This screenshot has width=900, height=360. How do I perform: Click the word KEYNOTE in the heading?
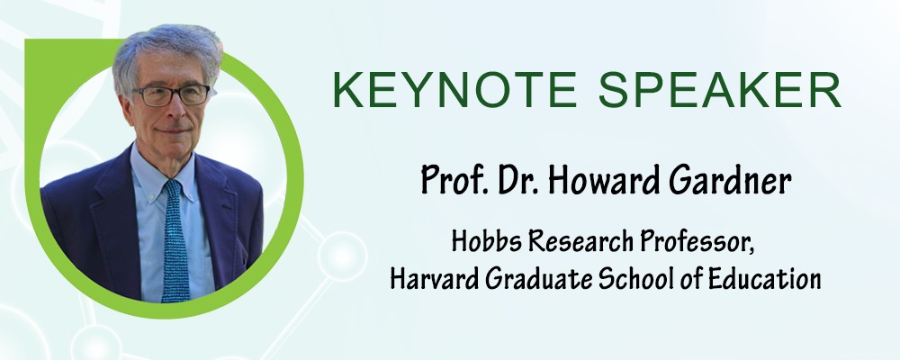454,91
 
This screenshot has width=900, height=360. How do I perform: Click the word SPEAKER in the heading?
720,91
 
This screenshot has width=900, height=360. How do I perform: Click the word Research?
580,242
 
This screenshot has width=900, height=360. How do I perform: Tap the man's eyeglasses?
172,94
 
